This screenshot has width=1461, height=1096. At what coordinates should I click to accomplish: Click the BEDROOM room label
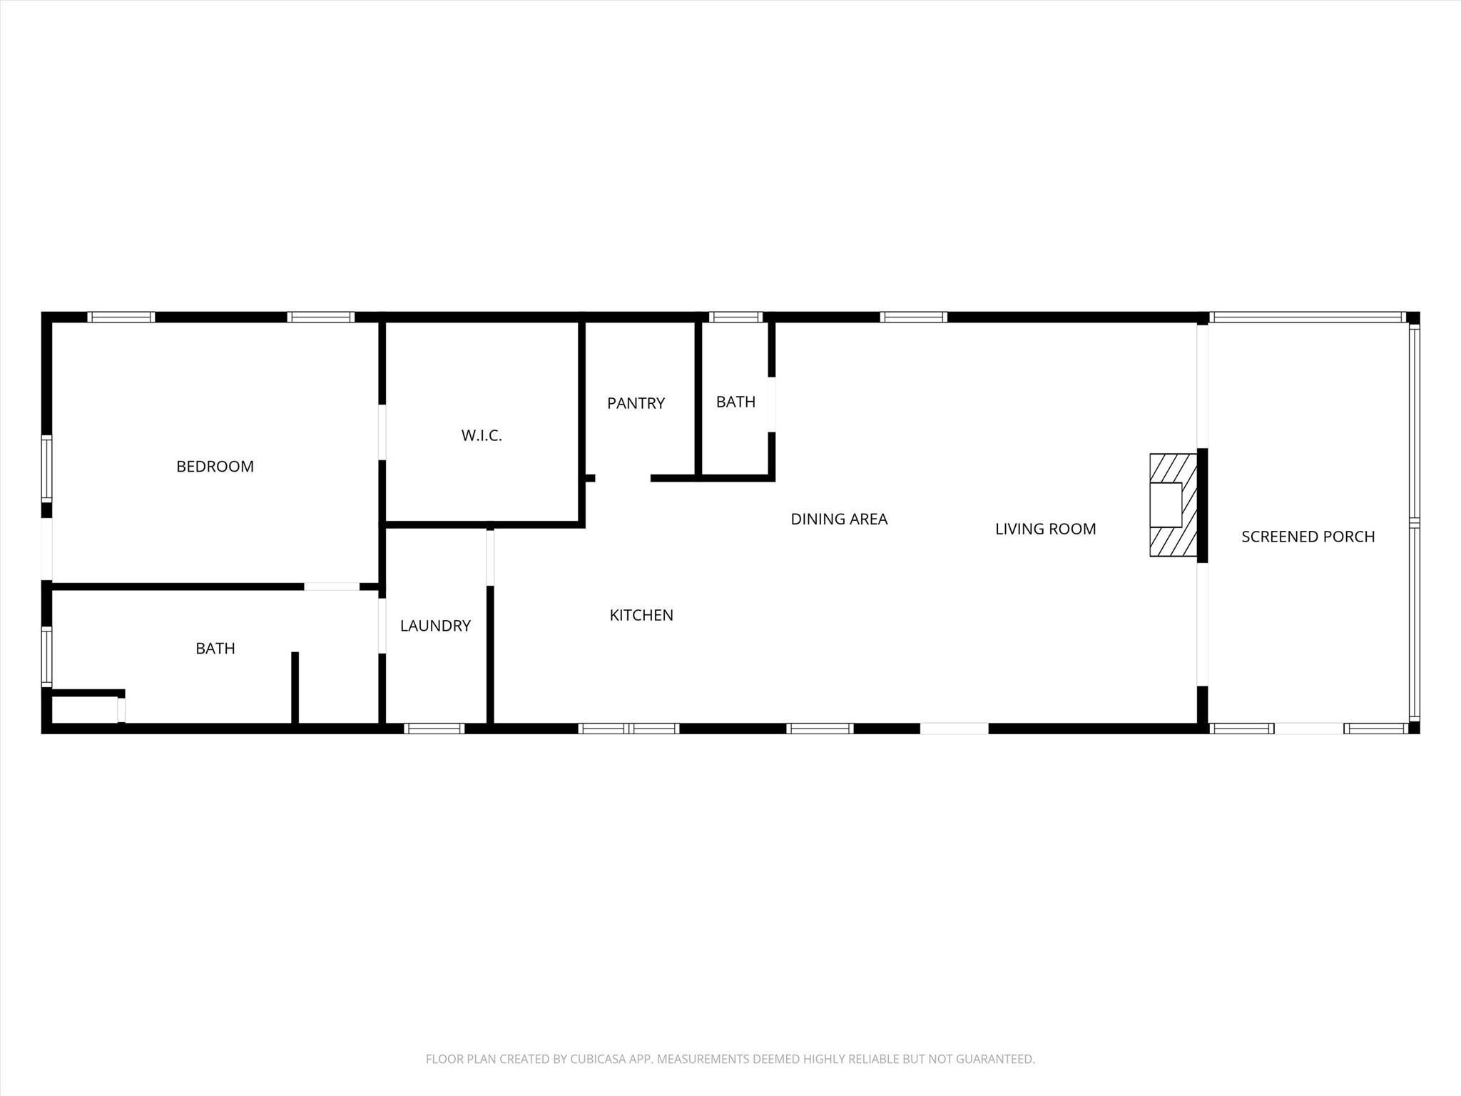[215, 467]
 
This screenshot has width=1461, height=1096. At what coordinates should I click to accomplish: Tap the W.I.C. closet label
[482, 435]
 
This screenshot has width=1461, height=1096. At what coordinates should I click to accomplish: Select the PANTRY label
[636, 404]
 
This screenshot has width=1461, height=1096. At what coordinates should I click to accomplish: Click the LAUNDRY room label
[435, 626]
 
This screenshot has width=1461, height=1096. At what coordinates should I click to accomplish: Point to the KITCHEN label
[641, 615]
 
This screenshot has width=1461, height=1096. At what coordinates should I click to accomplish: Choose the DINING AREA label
[839, 519]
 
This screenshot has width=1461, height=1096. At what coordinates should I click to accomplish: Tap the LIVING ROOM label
[1045, 529]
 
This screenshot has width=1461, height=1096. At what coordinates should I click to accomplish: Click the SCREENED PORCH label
[1308, 537]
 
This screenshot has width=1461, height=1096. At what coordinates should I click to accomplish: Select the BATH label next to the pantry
[735, 402]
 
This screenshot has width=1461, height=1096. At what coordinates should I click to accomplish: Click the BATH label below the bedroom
[215, 649]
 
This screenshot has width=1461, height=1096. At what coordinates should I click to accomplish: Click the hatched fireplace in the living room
[1173, 505]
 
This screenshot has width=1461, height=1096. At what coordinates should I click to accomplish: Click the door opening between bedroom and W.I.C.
[382, 432]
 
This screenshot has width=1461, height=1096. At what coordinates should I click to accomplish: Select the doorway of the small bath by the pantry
[771, 404]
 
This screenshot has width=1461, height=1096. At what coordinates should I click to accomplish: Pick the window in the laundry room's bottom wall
[434, 729]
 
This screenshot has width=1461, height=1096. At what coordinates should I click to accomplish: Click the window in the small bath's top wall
[735, 318]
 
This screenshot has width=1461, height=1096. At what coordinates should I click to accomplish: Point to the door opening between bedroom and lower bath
[332, 587]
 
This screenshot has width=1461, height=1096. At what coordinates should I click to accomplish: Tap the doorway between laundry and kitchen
[490, 557]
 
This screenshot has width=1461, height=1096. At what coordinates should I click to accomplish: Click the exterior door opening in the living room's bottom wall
[954, 729]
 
